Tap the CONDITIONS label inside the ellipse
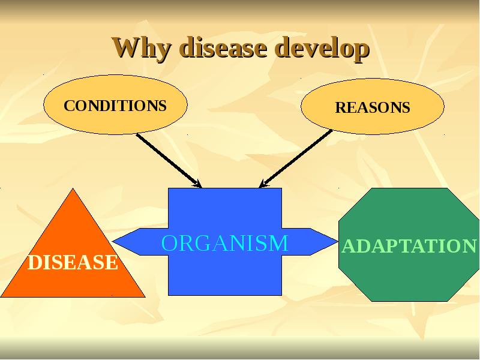coord(115,106)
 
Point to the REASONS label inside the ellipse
coord(372,107)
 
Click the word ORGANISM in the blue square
coord(225,243)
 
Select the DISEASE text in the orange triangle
coord(73,262)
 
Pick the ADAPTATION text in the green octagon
coord(409,246)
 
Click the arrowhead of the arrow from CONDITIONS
coord(197,184)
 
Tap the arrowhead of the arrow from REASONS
coord(263,184)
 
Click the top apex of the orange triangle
coord(73,190)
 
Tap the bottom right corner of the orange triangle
coord(144,296)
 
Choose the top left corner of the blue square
coord(169,189)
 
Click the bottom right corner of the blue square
coord(281,295)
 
